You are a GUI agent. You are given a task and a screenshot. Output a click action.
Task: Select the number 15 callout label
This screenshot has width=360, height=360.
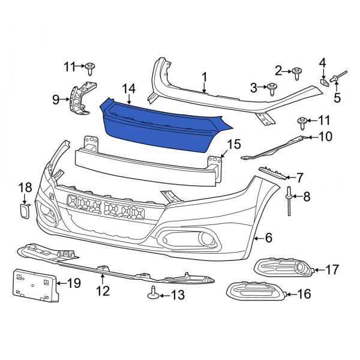233,145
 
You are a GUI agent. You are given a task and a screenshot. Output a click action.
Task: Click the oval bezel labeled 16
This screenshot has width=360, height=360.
258,293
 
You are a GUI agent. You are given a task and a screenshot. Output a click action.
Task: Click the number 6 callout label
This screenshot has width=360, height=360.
268,238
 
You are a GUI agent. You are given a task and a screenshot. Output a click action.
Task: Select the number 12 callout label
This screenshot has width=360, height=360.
103,292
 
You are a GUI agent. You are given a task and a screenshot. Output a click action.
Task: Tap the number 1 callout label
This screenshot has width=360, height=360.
204,77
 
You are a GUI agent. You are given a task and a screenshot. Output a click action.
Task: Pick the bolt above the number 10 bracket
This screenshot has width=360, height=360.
303,124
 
